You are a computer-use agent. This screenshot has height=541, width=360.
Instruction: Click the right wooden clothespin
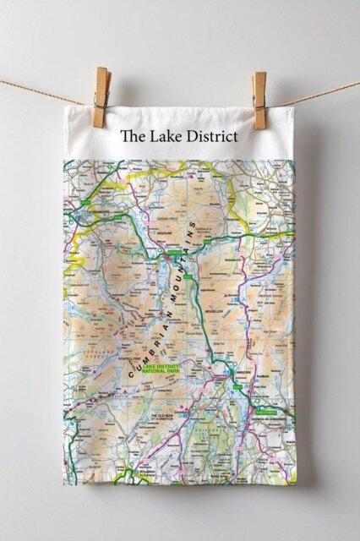click(259, 99)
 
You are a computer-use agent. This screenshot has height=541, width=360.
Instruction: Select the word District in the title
click(211, 135)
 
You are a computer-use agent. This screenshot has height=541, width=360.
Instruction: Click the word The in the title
click(132, 135)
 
